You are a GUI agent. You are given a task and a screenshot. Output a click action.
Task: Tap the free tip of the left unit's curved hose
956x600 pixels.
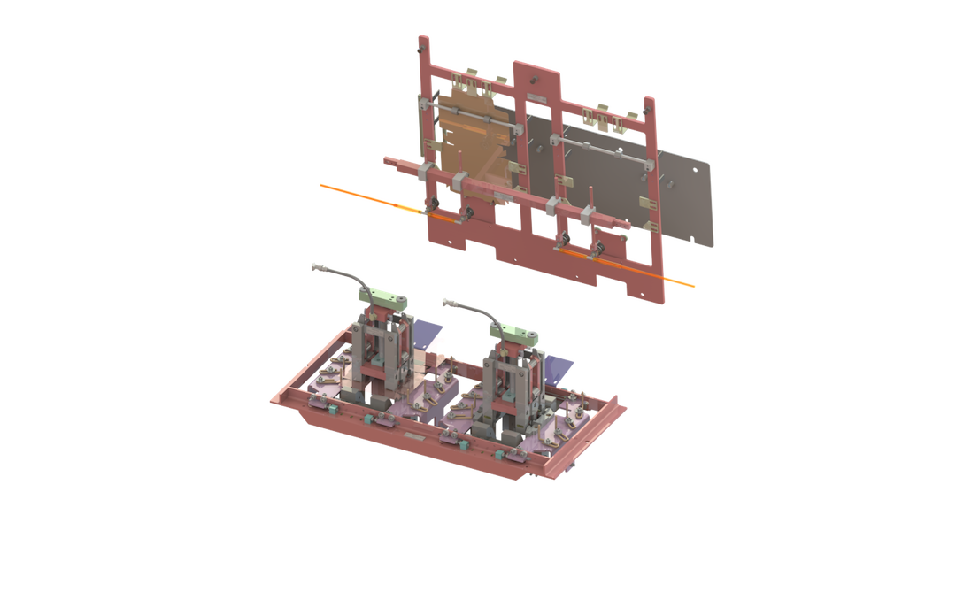312,265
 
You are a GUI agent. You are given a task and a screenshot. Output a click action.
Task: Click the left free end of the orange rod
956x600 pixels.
322,185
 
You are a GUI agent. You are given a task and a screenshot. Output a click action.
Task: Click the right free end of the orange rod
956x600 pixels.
692,286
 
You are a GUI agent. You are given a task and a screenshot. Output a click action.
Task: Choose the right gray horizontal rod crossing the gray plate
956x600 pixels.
602,150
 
